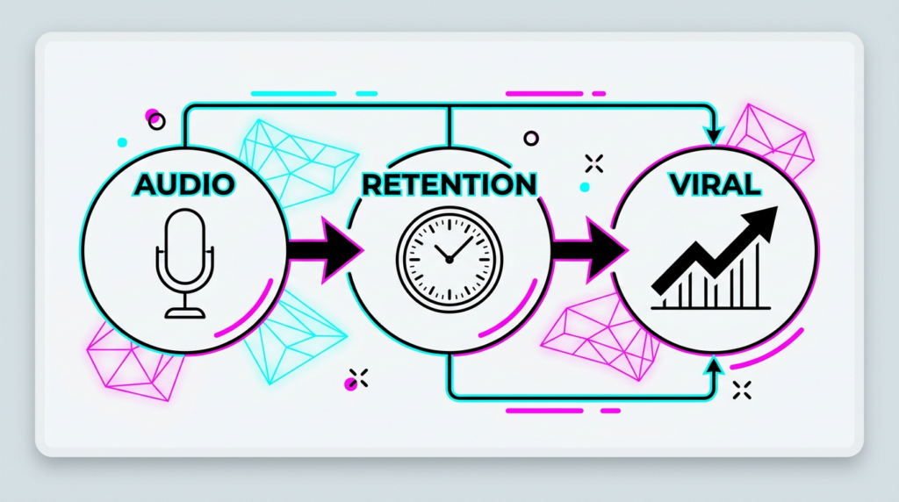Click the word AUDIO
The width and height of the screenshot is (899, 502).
184,184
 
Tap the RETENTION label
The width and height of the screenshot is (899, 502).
449,184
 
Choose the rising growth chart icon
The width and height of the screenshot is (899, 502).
714,260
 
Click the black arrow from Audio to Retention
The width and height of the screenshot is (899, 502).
325,250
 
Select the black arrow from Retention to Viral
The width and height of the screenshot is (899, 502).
588,250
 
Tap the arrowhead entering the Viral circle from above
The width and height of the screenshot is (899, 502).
714,136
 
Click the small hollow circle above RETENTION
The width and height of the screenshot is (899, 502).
530,139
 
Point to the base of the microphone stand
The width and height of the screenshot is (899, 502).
184,312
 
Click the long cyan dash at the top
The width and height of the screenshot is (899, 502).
293,93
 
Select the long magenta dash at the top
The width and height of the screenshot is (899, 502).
544,93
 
